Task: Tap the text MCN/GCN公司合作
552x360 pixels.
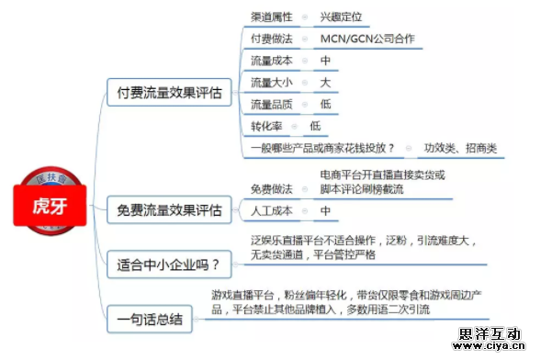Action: pyautogui.click(x=367, y=39)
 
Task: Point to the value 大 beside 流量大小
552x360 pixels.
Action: pyautogui.click(x=325, y=83)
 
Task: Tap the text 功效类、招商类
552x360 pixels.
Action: pyautogui.click(x=459, y=148)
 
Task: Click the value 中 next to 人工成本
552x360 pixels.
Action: pyautogui.click(x=325, y=210)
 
